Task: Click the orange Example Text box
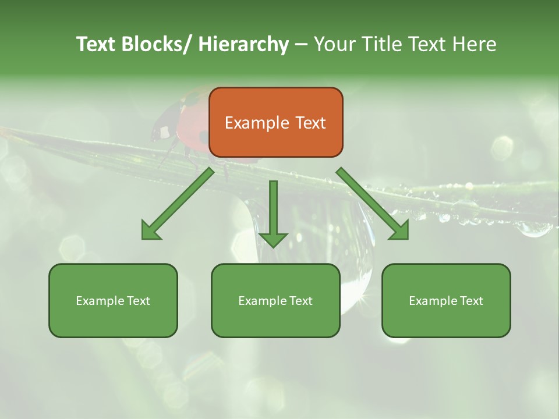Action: click(x=275, y=122)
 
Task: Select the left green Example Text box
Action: click(x=113, y=300)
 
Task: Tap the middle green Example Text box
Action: click(x=275, y=300)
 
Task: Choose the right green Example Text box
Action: click(x=446, y=300)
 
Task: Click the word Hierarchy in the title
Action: click(x=243, y=44)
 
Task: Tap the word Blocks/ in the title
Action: click(x=159, y=44)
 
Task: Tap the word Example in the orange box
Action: click(x=256, y=123)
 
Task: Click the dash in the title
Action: click(x=301, y=44)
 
